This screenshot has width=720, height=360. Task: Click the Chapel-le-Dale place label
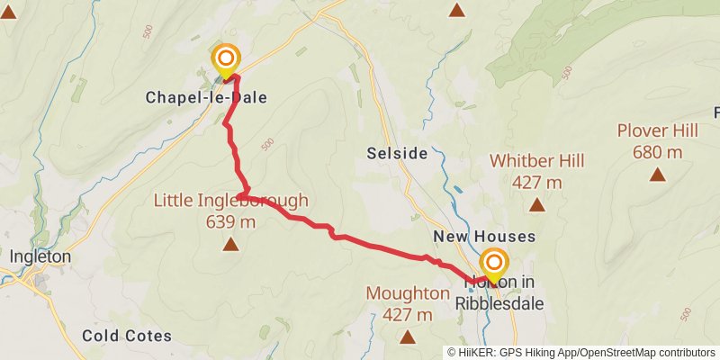click(x=206, y=96)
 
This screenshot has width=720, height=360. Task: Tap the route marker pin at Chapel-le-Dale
click(x=226, y=61)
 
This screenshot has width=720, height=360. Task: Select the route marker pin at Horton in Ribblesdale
click(x=494, y=265)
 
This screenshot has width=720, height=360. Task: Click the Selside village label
click(x=397, y=153)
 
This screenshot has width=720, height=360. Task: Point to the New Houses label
click(x=484, y=237)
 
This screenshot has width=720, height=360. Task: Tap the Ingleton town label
click(x=40, y=256)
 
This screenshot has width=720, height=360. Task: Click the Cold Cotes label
click(x=127, y=336)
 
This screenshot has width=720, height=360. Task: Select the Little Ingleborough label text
click(x=231, y=200)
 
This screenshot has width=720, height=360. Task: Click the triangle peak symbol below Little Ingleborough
click(x=231, y=244)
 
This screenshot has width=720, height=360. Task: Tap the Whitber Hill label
click(x=537, y=161)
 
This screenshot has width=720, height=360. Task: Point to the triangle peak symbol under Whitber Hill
click(x=537, y=204)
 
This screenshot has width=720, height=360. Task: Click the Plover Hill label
click(x=658, y=130)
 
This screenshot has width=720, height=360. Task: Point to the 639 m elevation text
click(x=231, y=220)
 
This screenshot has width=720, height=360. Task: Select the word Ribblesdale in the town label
click(x=499, y=303)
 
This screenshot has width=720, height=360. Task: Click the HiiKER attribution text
click(x=476, y=352)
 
